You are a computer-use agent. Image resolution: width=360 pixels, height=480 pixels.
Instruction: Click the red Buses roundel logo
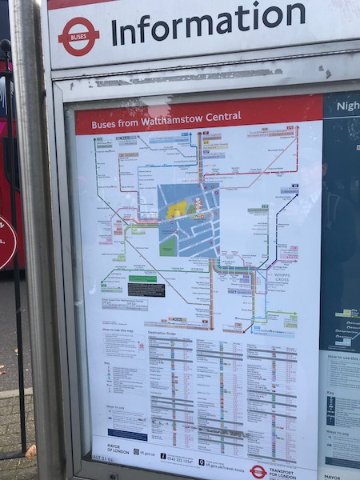point(78,35)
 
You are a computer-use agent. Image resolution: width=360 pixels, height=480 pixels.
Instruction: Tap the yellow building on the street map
point(177,209)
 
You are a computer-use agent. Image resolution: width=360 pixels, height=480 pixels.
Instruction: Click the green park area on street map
point(168,245)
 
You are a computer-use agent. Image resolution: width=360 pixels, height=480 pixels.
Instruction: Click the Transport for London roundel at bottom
point(258,470)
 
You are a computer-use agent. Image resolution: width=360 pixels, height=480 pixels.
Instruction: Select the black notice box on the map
point(146,289)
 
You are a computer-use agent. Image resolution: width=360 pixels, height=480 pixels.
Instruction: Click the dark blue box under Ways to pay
point(127,434)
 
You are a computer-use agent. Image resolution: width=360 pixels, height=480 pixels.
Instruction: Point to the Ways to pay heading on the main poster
point(114,409)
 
